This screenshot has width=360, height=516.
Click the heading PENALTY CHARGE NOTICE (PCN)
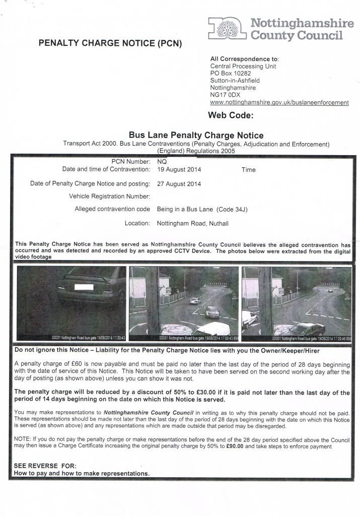(110, 43)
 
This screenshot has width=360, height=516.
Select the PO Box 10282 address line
(230, 73)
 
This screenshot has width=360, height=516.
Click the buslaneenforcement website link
(279, 102)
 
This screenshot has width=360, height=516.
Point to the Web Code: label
(231, 115)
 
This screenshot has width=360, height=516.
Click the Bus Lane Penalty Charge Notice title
(196, 135)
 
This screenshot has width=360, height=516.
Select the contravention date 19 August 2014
(179, 170)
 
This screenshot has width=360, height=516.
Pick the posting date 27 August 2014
(179, 184)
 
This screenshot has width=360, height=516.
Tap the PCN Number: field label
(130, 162)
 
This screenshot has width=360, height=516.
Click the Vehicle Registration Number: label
(109, 196)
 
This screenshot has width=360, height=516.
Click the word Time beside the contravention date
(248, 170)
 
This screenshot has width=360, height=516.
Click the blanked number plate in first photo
(83, 287)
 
